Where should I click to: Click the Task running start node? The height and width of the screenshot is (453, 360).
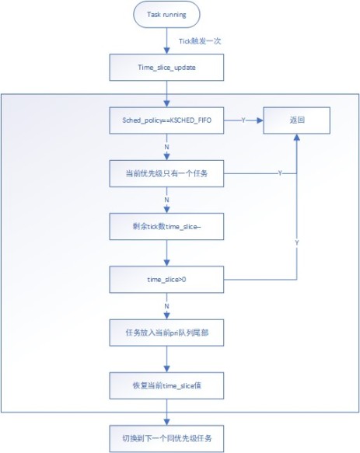click(166, 15)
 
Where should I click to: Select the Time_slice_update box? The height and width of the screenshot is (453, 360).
click(166, 68)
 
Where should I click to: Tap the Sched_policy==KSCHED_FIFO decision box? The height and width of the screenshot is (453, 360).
click(166, 120)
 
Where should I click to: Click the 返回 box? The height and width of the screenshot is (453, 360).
click(297, 120)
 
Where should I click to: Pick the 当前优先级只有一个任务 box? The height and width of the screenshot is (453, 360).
click(166, 173)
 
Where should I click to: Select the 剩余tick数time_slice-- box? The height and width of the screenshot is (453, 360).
click(166, 227)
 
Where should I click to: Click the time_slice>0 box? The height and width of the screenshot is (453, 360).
click(166, 280)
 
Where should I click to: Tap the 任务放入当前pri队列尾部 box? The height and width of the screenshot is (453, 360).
click(166, 333)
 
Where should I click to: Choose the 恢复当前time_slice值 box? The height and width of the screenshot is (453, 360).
click(166, 385)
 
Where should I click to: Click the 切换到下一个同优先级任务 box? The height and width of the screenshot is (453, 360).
click(166, 438)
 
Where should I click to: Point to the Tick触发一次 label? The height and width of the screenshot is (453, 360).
click(200, 41)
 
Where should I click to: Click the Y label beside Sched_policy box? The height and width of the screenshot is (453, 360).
click(243, 120)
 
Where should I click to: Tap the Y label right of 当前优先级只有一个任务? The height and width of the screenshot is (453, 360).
click(280, 173)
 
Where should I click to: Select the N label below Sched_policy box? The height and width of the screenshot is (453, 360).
click(166, 147)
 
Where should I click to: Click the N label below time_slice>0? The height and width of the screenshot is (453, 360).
click(166, 306)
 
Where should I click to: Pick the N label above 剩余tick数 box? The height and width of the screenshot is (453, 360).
click(166, 200)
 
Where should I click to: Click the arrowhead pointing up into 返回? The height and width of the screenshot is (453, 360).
click(297, 138)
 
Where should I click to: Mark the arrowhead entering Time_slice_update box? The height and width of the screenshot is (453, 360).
click(166, 51)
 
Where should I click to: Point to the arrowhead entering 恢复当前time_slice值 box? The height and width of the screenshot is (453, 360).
click(166, 369)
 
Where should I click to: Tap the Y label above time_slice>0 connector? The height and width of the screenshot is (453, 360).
click(297, 243)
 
